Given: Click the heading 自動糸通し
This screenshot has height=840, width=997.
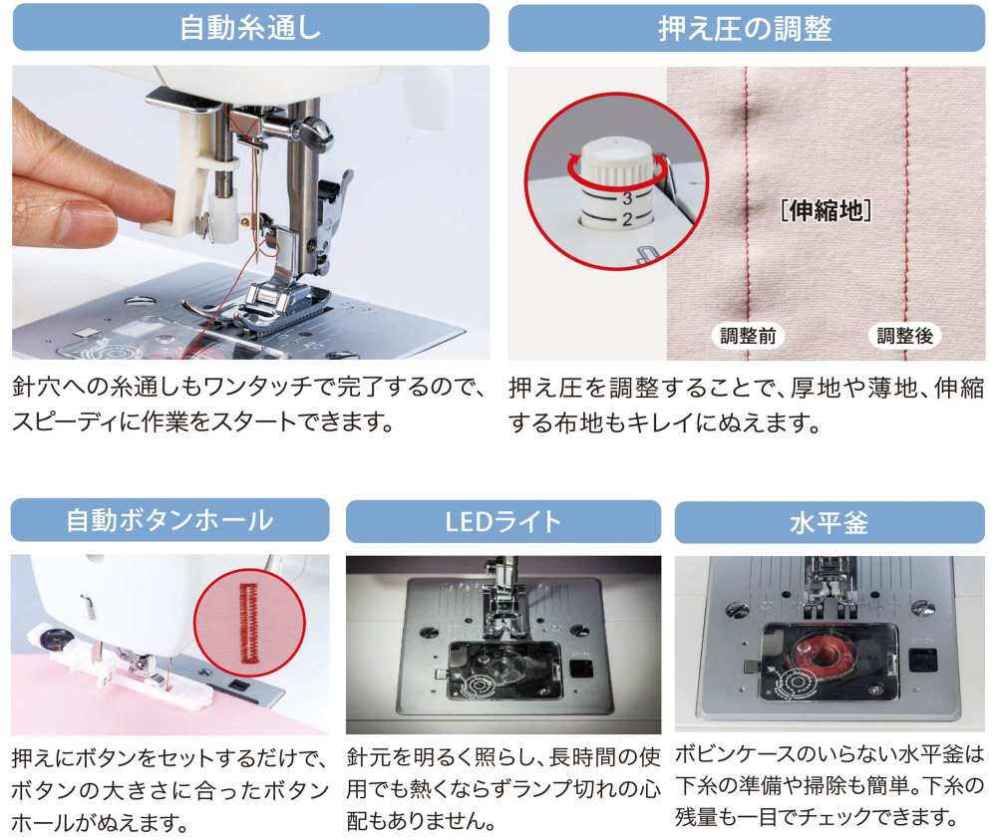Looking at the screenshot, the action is click(x=250, y=28).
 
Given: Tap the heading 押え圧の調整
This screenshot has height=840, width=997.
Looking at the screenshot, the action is click(x=745, y=29).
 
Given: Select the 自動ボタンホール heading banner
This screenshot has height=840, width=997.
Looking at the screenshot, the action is click(x=169, y=520).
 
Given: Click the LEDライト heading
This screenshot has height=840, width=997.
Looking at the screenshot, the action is click(x=502, y=522).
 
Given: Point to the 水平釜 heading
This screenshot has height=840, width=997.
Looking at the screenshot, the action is click(x=830, y=523).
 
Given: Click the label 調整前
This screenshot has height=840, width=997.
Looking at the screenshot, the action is click(x=748, y=336).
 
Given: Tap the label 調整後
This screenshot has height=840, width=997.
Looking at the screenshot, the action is click(x=905, y=336).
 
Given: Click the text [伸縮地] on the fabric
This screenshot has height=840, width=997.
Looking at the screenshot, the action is click(x=826, y=210).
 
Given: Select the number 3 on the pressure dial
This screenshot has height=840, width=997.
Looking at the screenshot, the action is click(x=627, y=198).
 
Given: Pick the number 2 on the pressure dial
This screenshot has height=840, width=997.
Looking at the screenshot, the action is click(x=627, y=220).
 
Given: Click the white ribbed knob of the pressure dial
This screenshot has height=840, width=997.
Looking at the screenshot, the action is click(x=617, y=161).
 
